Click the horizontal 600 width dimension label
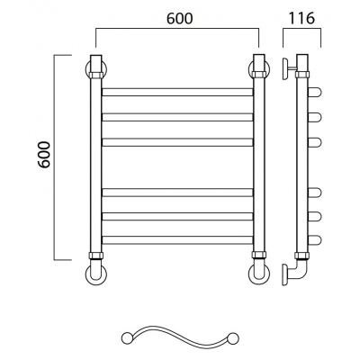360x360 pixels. click(179, 19)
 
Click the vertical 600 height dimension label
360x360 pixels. click(45, 155)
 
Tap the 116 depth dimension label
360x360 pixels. click(301, 19)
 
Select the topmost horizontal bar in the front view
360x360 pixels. click(177, 92)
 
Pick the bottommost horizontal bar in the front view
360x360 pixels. click(177, 240)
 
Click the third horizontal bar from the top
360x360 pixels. click(177, 142)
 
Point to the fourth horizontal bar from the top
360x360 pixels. click(177, 193)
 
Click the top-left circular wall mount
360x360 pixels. click(95, 69)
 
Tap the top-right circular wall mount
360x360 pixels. click(258, 69)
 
